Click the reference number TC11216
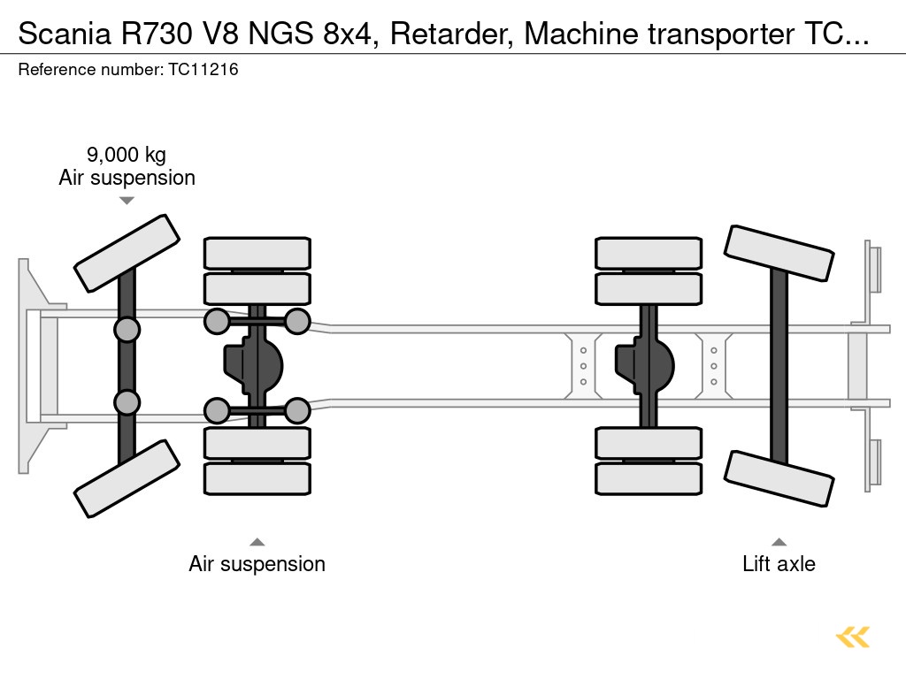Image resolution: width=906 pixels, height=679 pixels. [x=202, y=70]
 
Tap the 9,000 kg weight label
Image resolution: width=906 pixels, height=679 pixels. [x=127, y=156]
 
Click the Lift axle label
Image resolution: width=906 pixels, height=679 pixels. [x=779, y=564]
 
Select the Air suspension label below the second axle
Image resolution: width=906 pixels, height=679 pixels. [x=257, y=564]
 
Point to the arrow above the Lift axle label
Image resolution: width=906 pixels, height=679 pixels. [x=779, y=542]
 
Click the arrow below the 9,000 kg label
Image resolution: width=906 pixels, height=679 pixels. [x=127, y=201]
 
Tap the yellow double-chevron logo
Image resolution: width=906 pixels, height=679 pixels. [x=852, y=637]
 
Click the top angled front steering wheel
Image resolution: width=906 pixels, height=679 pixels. [x=127, y=253]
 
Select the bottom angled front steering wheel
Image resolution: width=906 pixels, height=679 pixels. [x=127, y=478]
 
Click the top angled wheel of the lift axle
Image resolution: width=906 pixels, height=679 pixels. [x=779, y=253]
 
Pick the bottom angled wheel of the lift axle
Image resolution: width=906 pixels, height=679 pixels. [x=779, y=478]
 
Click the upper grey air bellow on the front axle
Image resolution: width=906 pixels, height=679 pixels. [x=127, y=330]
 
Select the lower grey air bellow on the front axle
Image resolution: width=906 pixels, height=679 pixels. [x=127, y=402]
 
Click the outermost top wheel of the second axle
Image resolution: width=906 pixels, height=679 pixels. [x=257, y=253]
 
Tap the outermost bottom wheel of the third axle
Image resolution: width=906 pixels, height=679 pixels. [x=649, y=478]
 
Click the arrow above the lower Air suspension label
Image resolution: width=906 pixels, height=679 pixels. [x=257, y=542]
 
